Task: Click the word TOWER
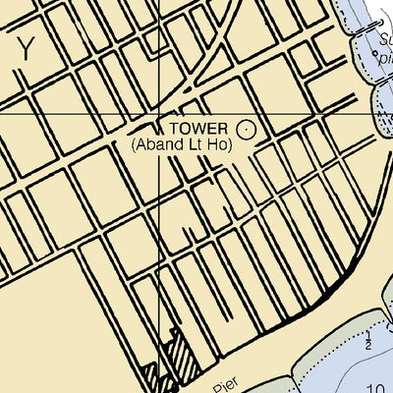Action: [198, 128]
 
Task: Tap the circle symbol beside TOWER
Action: [246, 128]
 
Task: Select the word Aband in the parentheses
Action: [160, 144]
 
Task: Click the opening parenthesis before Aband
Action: [135, 144]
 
